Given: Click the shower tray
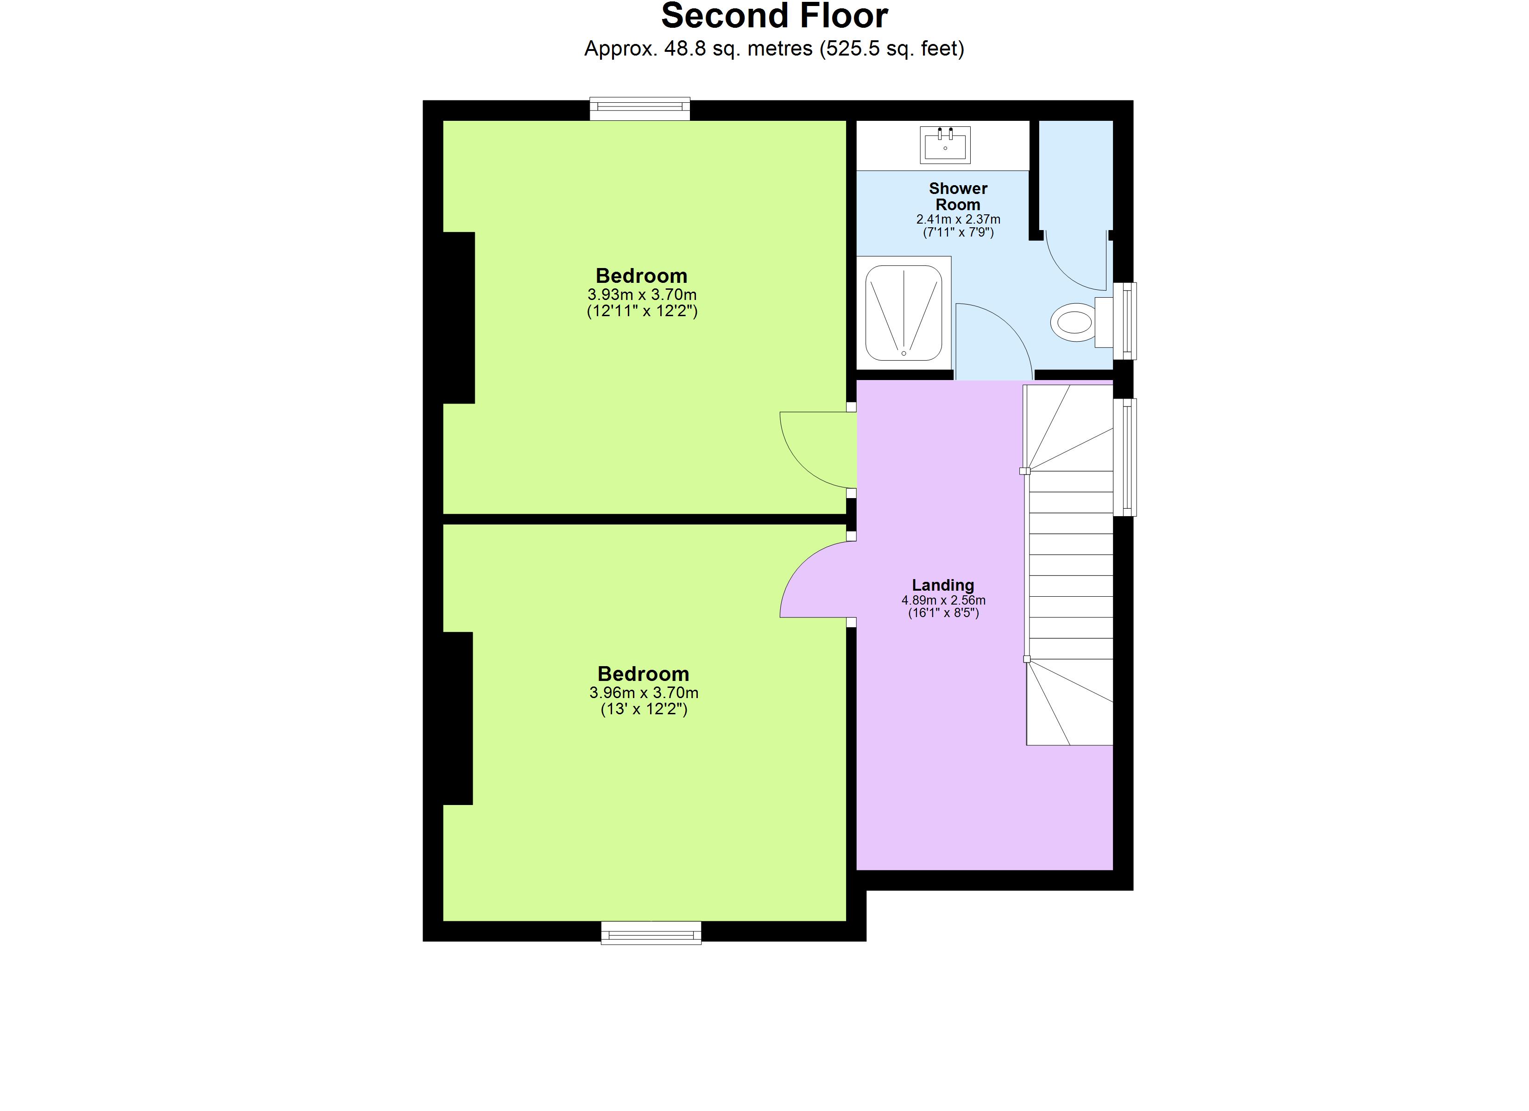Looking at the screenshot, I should (x=903, y=312).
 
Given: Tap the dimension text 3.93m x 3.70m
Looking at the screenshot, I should (x=642, y=294).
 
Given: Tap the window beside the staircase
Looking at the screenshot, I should (x=1125, y=457).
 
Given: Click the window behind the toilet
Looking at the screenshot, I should (x=1125, y=321).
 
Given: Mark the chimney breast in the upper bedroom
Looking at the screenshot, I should (x=458, y=318).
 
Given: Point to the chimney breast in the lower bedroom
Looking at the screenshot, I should (x=457, y=718).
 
